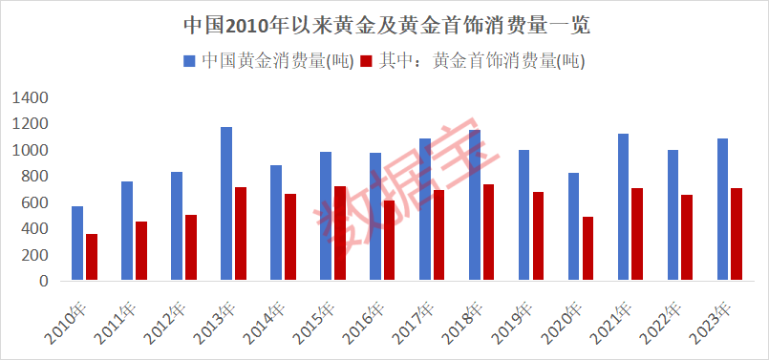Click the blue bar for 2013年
tap(226, 204)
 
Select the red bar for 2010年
tap(92, 258)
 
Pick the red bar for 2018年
tap(488, 233)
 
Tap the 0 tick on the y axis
tap(43, 282)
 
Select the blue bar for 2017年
tap(424, 210)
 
